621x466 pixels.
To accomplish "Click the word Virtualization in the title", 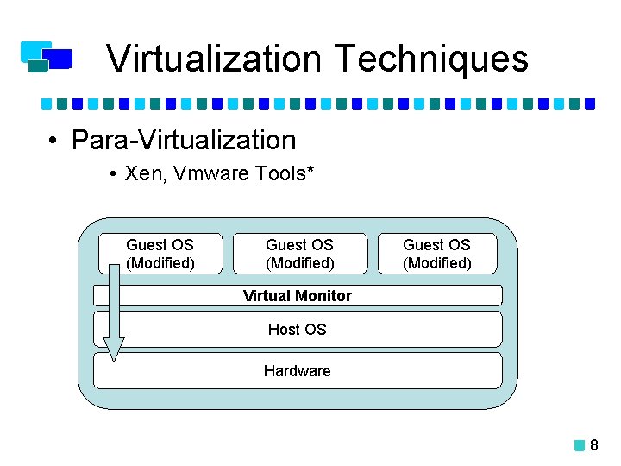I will click(215, 59).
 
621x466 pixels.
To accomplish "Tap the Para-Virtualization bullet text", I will click(184, 140).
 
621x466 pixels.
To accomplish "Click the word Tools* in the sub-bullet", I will click(285, 174).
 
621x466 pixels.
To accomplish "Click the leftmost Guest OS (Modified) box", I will click(160, 254).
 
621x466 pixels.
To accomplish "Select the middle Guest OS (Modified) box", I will click(299, 254).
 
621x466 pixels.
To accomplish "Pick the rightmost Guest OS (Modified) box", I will click(437, 254).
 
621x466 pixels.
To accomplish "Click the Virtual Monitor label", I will click(298, 296).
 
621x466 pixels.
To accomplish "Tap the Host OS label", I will click(298, 329).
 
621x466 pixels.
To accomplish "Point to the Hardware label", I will click(298, 371).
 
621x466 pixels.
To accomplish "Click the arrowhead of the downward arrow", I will click(114, 349).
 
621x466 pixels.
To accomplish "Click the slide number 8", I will click(594, 446).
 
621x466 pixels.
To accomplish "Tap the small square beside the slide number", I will click(580, 446).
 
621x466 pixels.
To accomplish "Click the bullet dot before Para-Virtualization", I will click(53, 141).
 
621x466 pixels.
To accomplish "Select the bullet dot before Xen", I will click(114, 175).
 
